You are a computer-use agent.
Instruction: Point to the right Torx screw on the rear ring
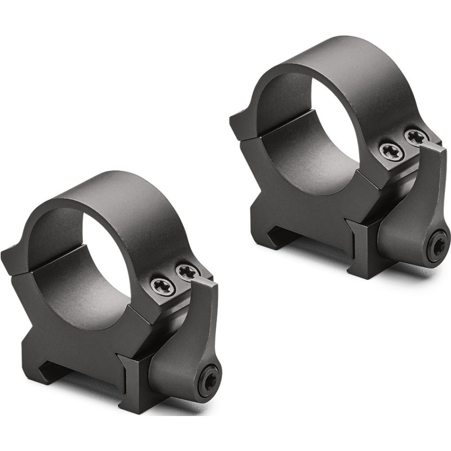pos(417,137)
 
